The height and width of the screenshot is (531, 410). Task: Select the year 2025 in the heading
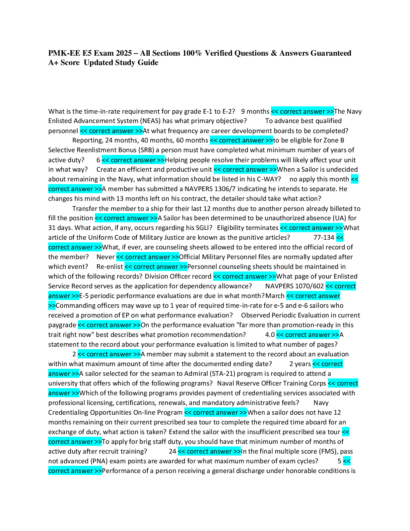124,53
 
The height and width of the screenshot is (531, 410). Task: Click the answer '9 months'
255,111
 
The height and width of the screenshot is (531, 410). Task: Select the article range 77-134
324,238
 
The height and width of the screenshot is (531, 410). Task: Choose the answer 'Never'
106,257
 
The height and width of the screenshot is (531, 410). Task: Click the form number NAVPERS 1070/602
294,286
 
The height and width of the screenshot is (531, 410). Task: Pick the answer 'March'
275,296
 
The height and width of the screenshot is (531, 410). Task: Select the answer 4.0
270,335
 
